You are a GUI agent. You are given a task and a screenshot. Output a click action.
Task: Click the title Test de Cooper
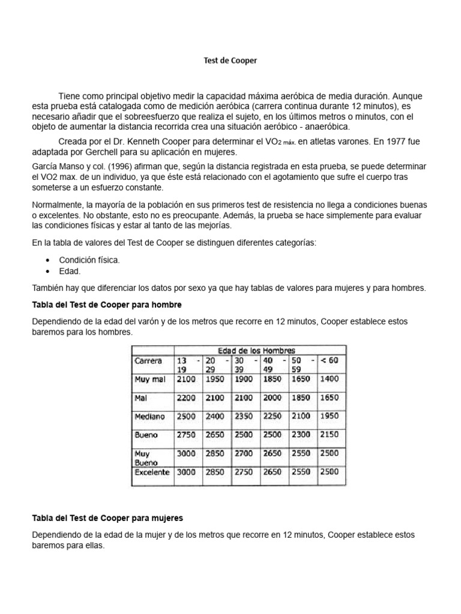tap(230, 61)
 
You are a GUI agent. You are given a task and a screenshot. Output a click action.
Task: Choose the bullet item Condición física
tap(89, 260)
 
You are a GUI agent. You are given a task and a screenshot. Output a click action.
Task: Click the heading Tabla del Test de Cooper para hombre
tap(106, 305)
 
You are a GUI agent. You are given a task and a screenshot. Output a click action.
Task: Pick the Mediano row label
tap(150, 416)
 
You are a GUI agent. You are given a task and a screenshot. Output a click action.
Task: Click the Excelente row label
tap(152, 472)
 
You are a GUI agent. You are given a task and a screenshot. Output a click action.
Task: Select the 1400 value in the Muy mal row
tap(329, 379)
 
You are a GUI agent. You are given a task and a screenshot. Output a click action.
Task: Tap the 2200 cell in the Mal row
tap(185, 398)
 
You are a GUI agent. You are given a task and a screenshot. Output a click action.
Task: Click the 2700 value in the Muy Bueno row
tap(243, 454)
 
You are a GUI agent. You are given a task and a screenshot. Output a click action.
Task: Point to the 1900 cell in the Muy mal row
tap(243, 379)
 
